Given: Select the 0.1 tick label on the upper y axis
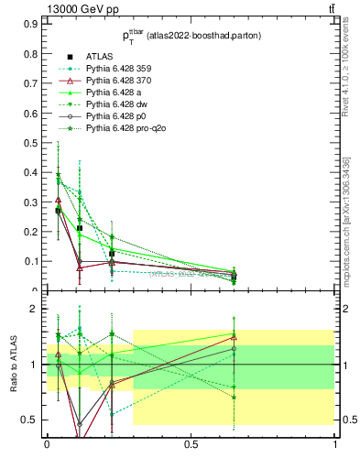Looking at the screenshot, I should (x=30, y=261).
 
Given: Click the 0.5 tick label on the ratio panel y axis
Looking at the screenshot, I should (x=30, y=420).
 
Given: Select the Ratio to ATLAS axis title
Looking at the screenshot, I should (x=13, y=365).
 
